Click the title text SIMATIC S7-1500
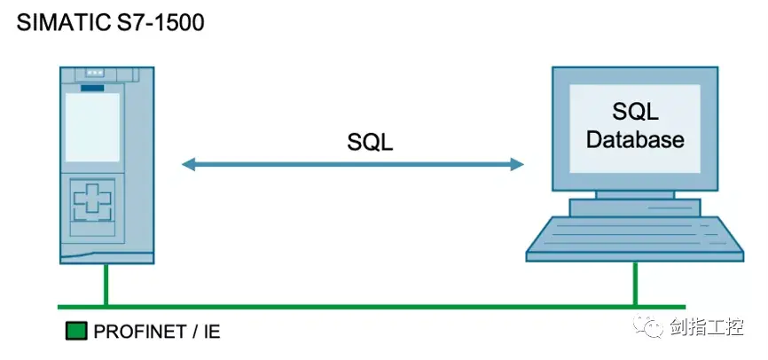click(x=110, y=23)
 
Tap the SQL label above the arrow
click(x=370, y=143)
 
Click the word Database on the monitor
click(x=635, y=140)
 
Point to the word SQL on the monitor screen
click(x=635, y=112)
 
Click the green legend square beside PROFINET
click(x=76, y=333)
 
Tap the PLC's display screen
click(x=92, y=127)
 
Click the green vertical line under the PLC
click(x=105, y=284)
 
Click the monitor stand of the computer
click(x=635, y=200)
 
